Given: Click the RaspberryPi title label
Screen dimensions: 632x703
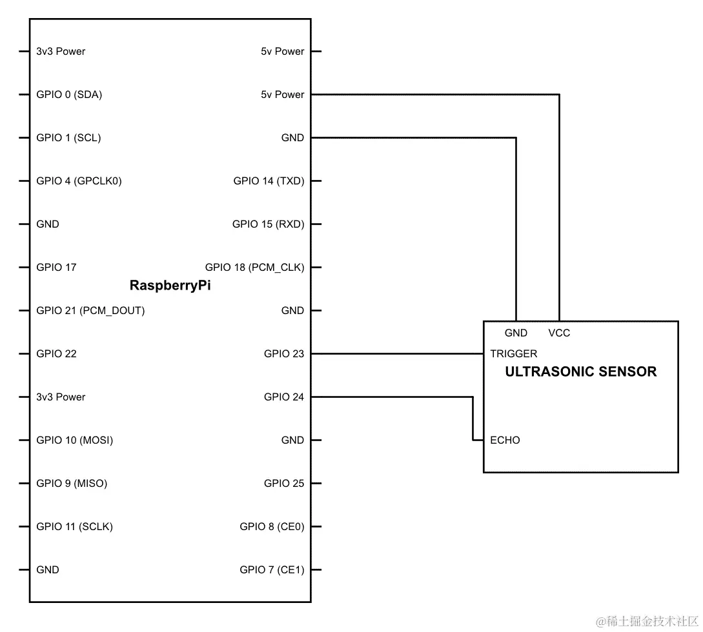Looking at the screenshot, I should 170,286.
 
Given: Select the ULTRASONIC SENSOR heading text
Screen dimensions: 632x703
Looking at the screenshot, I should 580,372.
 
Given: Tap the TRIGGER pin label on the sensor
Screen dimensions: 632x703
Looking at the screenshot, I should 513,354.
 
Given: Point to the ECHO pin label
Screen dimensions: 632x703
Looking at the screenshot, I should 505,440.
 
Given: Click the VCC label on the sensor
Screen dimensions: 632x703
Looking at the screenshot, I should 559,333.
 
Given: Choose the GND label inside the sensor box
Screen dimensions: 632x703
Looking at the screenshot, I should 516,333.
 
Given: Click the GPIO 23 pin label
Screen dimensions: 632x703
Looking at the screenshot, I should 283,354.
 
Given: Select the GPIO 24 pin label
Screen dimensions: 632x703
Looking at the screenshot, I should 283,397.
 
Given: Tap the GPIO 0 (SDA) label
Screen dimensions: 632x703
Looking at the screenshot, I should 69,95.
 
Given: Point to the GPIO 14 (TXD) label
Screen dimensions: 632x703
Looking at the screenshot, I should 269,181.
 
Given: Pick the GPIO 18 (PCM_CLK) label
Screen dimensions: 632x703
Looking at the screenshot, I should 254,268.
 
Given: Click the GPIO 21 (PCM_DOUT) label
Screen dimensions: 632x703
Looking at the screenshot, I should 90,311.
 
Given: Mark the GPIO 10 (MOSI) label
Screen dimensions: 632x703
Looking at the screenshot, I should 74,440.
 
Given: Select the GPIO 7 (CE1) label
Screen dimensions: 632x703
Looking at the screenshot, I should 272,570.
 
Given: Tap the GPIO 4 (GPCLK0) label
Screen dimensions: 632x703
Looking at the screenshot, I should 79,181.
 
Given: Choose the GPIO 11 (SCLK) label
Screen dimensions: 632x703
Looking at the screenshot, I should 74,527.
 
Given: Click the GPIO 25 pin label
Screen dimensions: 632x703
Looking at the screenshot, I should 283,484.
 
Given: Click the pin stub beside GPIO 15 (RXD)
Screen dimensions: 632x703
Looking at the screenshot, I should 316,224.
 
